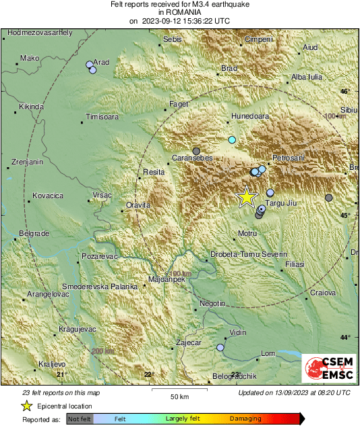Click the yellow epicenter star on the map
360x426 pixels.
(247, 196)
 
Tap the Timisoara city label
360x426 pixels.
(102, 117)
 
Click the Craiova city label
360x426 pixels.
(322, 292)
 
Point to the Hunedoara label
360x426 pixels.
(249, 116)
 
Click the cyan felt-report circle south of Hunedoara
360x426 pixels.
(232, 140)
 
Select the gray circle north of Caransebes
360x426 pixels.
(196, 151)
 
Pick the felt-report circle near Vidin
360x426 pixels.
(220, 348)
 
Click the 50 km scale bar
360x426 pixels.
(179, 390)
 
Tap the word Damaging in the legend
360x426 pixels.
(245, 419)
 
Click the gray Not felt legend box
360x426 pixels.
(80, 419)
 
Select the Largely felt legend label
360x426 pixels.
(181, 419)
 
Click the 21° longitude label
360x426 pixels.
(61, 374)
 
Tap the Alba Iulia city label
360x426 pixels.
(306, 77)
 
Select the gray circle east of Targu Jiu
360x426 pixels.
(328, 197)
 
